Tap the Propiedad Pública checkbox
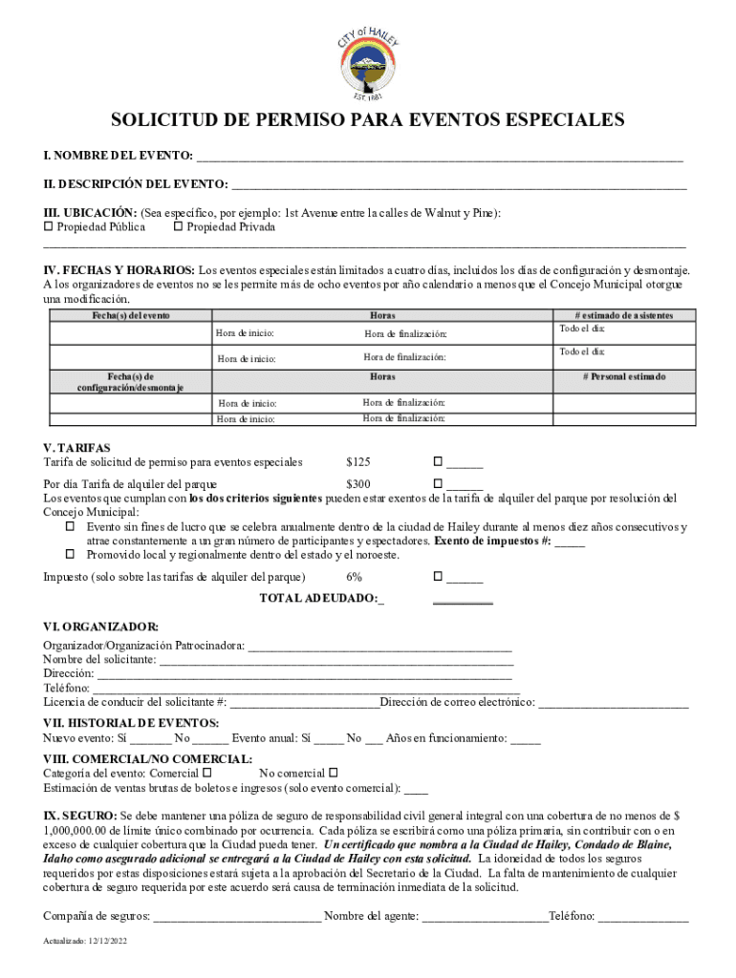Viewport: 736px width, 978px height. (x=49, y=227)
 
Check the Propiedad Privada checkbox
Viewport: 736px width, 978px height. (x=178, y=227)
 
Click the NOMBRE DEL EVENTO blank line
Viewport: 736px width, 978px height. (x=440, y=156)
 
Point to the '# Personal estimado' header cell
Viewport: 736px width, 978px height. (x=624, y=376)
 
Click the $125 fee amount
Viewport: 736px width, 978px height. (x=357, y=462)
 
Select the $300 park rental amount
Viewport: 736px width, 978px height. (x=357, y=484)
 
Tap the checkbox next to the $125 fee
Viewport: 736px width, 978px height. (x=439, y=463)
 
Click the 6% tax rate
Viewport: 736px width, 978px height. (x=354, y=577)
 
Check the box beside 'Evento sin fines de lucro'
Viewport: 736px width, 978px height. (x=70, y=527)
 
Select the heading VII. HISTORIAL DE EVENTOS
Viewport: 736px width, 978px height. (x=131, y=723)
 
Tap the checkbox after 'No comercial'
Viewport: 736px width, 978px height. (x=334, y=772)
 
